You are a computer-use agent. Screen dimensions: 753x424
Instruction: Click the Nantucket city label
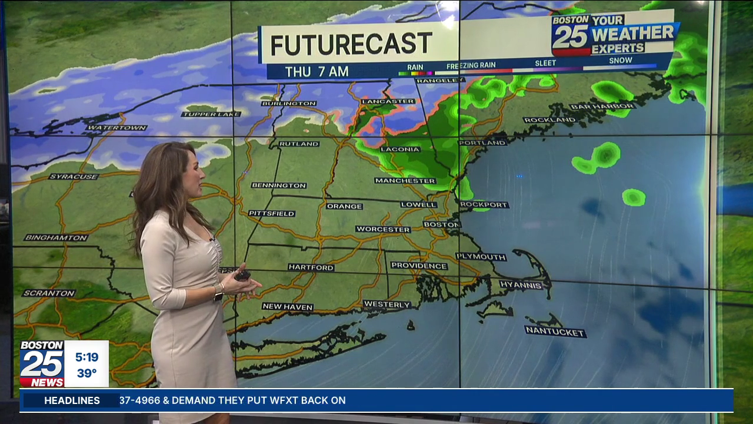click(x=555, y=332)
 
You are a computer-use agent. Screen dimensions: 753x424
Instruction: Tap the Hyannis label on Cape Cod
click(x=521, y=285)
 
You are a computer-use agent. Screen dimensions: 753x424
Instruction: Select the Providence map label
click(x=419, y=266)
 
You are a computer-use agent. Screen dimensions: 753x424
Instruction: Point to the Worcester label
click(x=383, y=229)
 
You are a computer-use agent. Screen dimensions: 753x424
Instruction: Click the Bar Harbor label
click(x=602, y=107)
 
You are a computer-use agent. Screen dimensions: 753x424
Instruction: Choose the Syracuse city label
click(x=74, y=177)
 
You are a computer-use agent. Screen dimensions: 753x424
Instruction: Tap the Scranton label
click(x=49, y=293)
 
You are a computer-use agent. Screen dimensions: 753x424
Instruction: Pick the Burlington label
click(x=289, y=104)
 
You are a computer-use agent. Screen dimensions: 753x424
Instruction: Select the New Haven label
click(x=288, y=307)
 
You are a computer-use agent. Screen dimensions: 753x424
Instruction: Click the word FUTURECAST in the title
click(x=351, y=44)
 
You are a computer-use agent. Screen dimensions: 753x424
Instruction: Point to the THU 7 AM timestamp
click(x=317, y=72)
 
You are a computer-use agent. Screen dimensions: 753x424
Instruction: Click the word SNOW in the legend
click(x=621, y=61)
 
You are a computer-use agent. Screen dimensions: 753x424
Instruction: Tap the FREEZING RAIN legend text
click(x=471, y=65)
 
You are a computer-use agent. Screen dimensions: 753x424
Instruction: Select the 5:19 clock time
click(x=86, y=357)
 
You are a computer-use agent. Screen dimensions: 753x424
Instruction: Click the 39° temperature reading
click(x=86, y=373)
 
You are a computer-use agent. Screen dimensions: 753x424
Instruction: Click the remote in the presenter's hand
click(x=242, y=275)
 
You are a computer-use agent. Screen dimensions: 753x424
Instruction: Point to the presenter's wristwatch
click(x=218, y=292)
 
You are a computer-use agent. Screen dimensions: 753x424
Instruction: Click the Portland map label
click(x=482, y=143)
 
